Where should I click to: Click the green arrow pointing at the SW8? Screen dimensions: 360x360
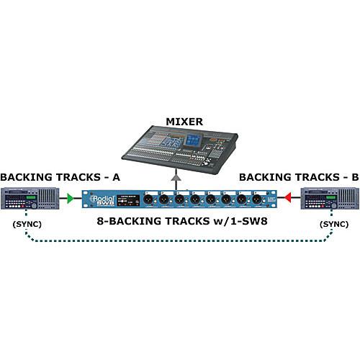pyautogui.click(x=70, y=196)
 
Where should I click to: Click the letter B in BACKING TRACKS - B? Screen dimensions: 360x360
pyautogui.click(x=354, y=176)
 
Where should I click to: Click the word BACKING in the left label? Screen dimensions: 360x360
pyautogui.click(x=26, y=176)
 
